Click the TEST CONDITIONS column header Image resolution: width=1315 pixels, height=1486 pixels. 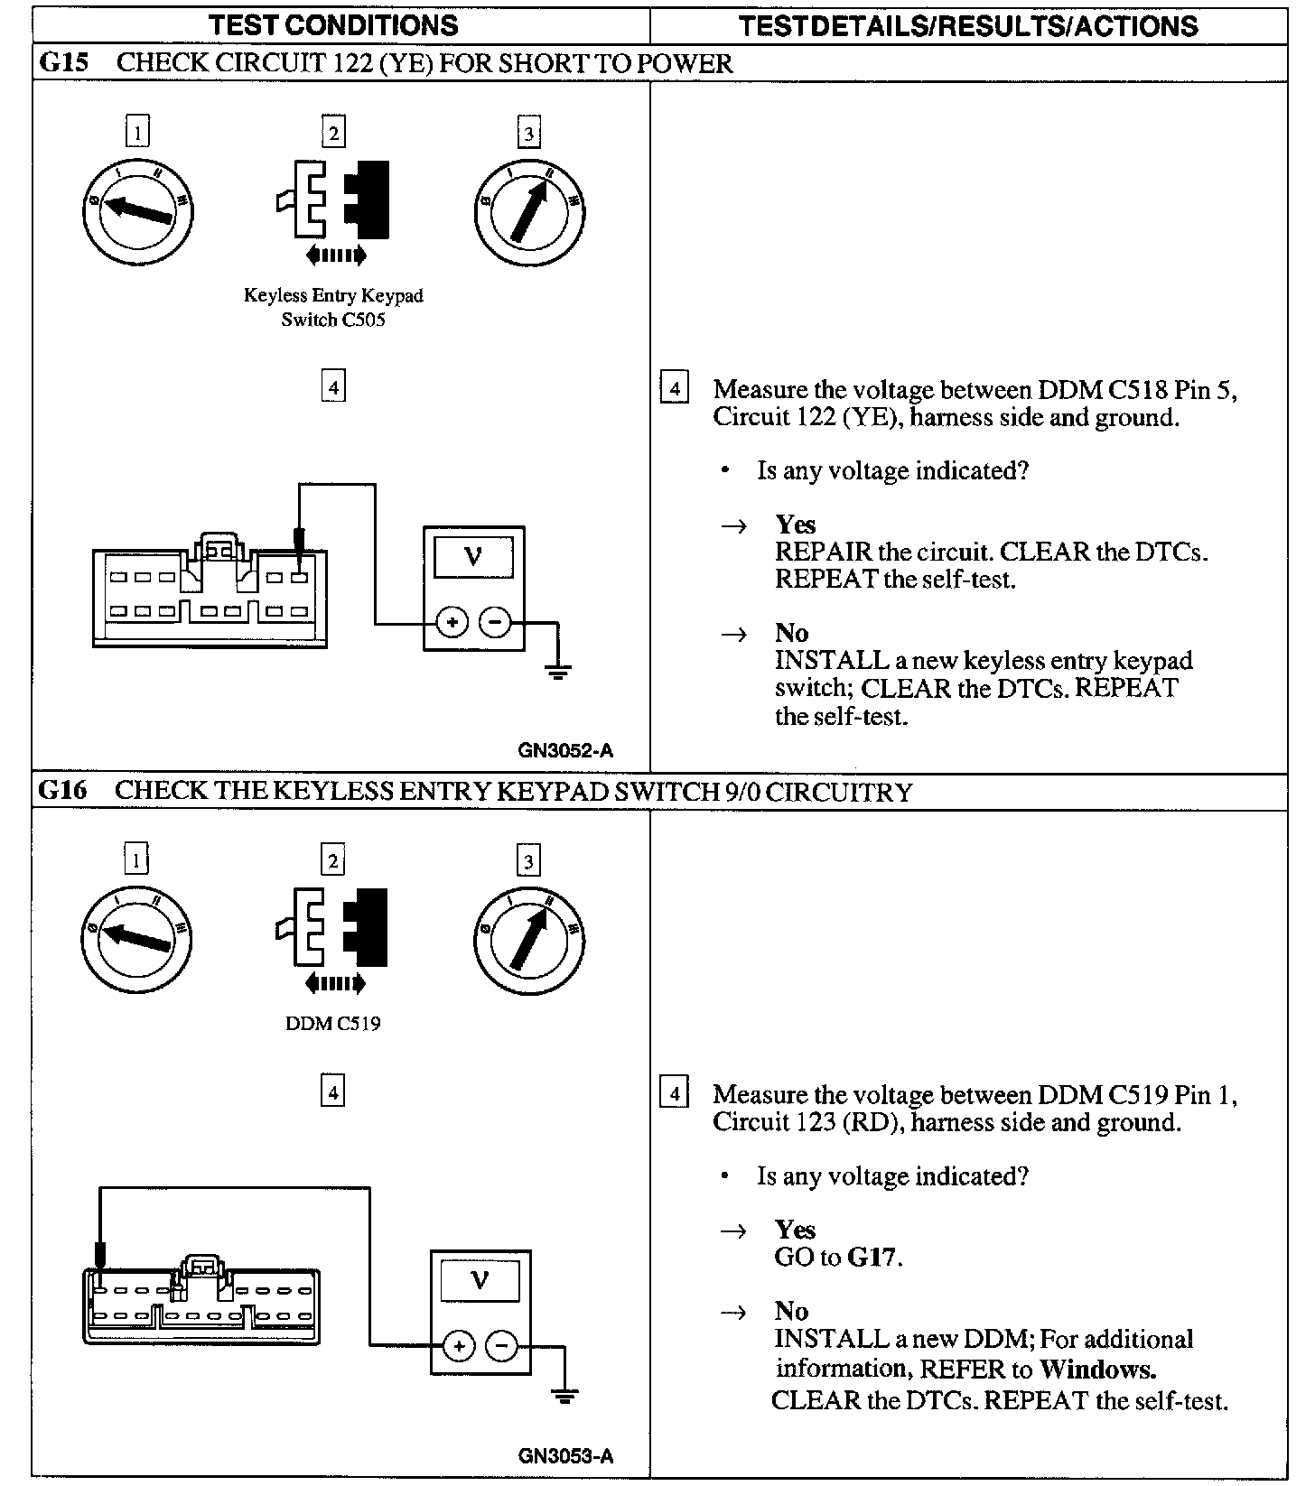click(334, 24)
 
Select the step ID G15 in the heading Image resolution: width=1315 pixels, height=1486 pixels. click(63, 63)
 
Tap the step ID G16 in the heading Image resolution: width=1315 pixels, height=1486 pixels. click(63, 791)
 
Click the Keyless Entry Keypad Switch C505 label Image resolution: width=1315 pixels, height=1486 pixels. click(333, 308)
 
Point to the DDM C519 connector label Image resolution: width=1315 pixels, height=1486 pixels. click(333, 1024)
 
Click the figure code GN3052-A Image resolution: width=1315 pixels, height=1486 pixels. click(565, 750)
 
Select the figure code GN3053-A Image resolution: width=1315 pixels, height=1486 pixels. click(565, 1455)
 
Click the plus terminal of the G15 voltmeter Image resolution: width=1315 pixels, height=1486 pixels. click(452, 622)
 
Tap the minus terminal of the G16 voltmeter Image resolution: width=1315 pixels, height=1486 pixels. click(502, 1346)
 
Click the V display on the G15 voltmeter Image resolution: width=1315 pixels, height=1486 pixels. click(473, 557)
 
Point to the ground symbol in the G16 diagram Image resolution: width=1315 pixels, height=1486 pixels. click(565, 1396)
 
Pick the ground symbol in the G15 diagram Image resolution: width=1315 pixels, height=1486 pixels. click(558, 670)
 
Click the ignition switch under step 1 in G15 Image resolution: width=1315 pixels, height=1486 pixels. click(137, 211)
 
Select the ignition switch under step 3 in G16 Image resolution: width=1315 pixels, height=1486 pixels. click(529, 941)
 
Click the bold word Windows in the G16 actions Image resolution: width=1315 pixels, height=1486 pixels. click(1097, 1370)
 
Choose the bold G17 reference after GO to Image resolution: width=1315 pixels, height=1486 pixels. click(872, 1257)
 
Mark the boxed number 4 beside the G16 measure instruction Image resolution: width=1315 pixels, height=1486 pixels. click(674, 1093)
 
